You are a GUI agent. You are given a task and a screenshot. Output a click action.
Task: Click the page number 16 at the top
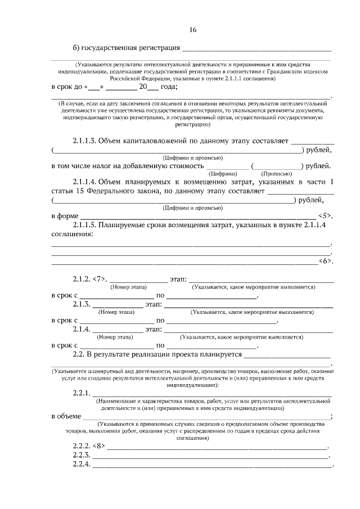click(x=192, y=30)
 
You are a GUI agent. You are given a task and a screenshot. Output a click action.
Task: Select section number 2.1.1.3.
click(x=84, y=141)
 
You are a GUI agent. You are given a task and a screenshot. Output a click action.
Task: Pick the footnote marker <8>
click(x=99, y=447)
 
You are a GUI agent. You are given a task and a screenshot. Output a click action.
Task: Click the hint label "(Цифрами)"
click(x=228, y=174)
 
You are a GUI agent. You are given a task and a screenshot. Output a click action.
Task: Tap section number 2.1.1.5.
click(x=84, y=225)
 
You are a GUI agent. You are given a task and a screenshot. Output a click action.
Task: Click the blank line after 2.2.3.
click(x=210, y=456)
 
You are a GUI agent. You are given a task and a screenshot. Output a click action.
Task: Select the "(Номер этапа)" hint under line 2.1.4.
click(x=115, y=337)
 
